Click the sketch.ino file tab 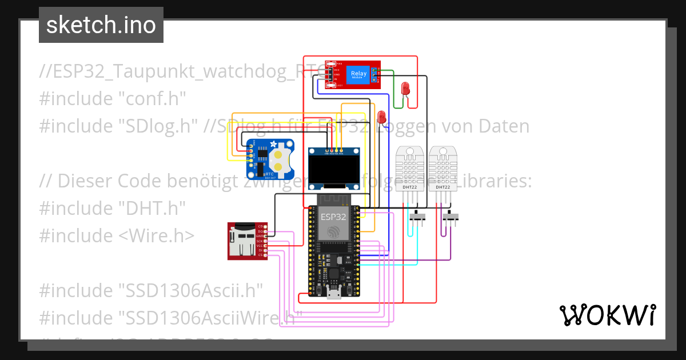(101, 25)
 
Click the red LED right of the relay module (405, 88)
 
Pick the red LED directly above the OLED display (381, 117)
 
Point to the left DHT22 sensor (410, 169)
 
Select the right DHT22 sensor (442, 169)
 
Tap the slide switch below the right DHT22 (450, 217)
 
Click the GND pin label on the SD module (260, 235)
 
